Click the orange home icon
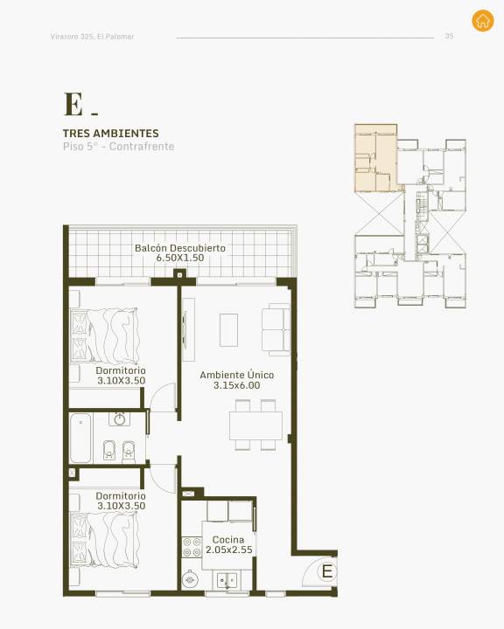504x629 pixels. (x=483, y=20)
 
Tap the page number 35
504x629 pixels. (x=449, y=36)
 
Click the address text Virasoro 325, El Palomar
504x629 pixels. (x=92, y=37)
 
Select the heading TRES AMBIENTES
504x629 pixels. (x=111, y=133)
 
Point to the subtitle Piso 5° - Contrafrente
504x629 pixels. (x=119, y=147)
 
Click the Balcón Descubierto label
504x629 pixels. (x=180, y=248)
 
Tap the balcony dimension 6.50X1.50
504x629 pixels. (x=180, y=258)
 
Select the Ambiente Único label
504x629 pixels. (x=237, y=375)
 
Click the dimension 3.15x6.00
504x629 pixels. (x=237, y=385)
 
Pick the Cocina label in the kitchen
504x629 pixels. (x=228, y=540)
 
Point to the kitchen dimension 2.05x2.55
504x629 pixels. (x=229, y=550)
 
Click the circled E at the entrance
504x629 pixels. (x=326, y=570)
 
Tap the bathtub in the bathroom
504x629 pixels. (x=80, y=438)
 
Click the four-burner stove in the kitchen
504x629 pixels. (x=192, y=548)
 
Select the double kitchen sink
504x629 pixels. (x=227, y=580)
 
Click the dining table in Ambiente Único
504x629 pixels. (x=255, y=425)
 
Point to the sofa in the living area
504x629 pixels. (x=276, y=329)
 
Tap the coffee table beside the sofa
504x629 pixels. (x=228, y=330)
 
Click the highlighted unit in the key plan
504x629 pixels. (x=375, y=157)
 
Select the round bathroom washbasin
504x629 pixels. (x=119, y=419)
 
